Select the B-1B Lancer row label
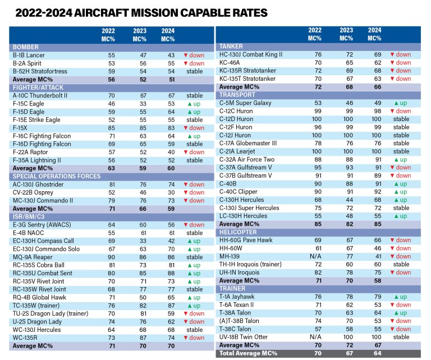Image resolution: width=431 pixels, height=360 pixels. point(30,56)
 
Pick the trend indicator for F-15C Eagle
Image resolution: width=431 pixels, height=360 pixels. point(194,104)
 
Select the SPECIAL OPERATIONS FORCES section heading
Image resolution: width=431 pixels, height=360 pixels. point(57,176)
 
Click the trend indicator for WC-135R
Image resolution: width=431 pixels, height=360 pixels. point(194,338)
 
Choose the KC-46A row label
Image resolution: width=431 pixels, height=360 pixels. point(233,63)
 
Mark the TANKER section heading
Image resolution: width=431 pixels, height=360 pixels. point(231,47)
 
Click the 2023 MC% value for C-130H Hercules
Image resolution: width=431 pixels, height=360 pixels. point(347,200)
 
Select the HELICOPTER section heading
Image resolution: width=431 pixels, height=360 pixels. point(239,232)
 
